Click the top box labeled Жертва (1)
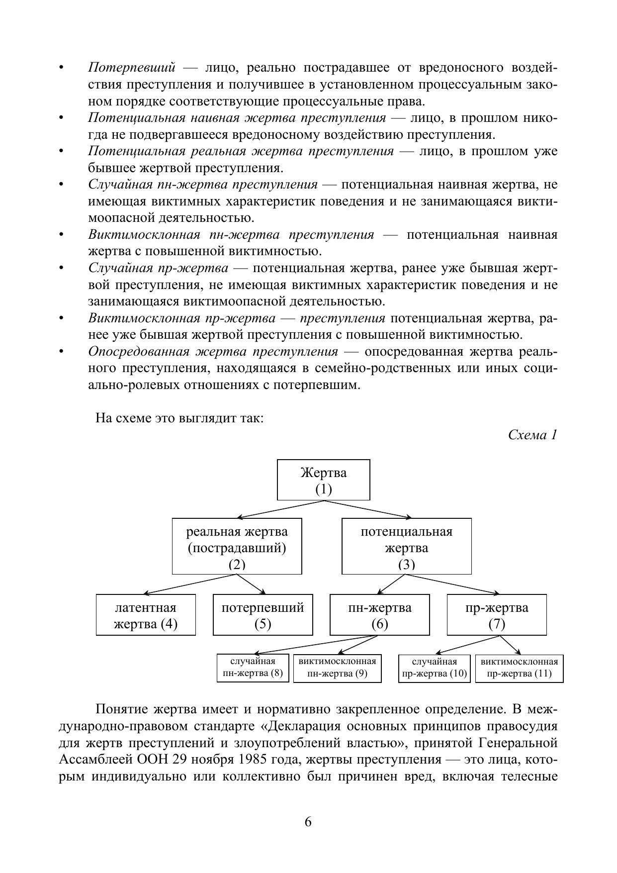coord(323,480)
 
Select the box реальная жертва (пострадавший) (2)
coord(237,547)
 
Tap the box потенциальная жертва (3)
coord(406,547)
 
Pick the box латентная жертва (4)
coord(146,615)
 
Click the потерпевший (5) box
coord(263,615)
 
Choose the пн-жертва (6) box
coord(379,615)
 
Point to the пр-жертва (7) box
coord(496,615)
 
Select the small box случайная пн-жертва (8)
coord(253,668)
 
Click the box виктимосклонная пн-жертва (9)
coord(337,668)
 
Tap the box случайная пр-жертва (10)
coord(434,668)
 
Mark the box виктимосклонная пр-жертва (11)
coord(519,668)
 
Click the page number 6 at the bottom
coord(308,822)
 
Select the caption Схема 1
coord(532,435)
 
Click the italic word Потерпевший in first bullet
coord(132,68)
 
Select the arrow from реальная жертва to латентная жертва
coord(189,584)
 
